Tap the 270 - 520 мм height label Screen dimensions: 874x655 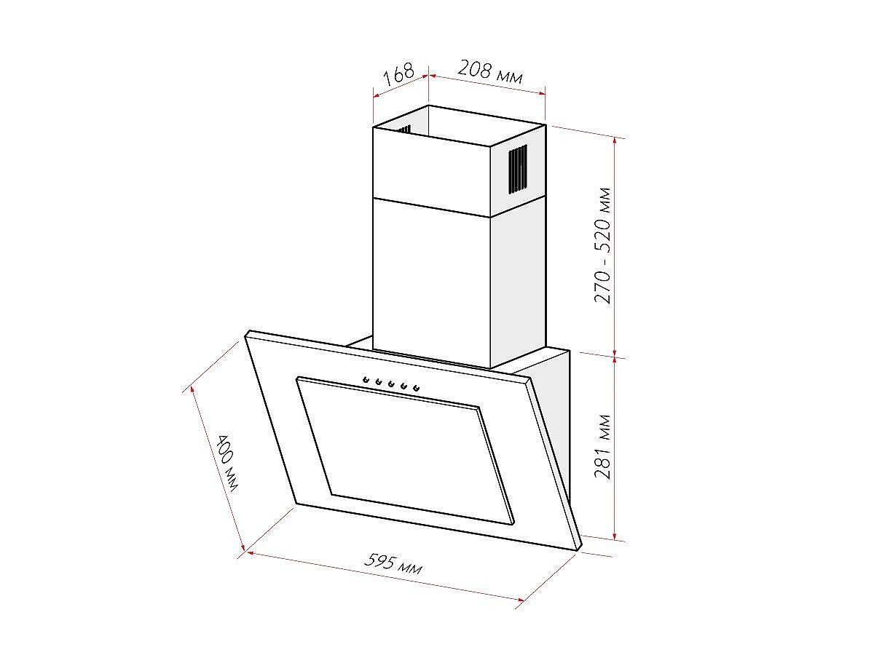click(x=602, y=245)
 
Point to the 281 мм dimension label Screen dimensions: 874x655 click(x=602, y=447)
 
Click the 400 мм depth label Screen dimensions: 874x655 click(x=227, y=464)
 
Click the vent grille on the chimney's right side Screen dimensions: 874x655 click(x=518, y=170)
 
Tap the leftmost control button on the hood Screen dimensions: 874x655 click(x=365, y=379)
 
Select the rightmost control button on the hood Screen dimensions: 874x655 click(x=417, y=387)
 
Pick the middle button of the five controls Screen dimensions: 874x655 click(x=391, y=383)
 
